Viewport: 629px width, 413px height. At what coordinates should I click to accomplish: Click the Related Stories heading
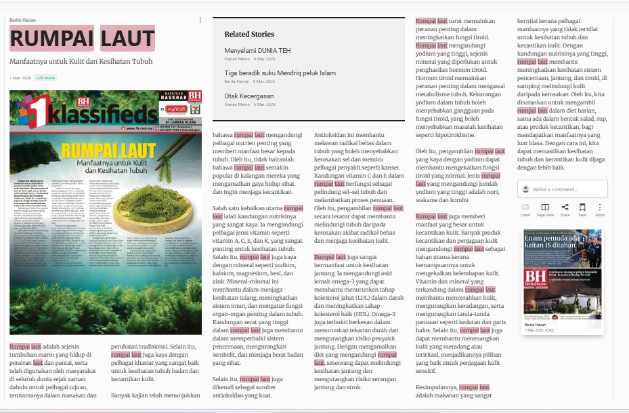[x=249, y=34]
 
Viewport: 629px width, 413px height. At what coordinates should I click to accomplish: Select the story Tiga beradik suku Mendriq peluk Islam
[x=280, y=73]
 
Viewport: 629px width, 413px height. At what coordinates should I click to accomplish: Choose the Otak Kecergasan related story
[x=249, y=96]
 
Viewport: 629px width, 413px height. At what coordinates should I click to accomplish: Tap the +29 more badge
[x=45, y=78]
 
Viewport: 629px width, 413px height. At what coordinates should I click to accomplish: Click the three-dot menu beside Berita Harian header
[x=200, y=20]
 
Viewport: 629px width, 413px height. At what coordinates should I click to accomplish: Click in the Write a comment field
[x=568, y=189]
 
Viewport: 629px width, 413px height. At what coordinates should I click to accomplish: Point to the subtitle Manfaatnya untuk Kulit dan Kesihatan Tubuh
[x=81, y=61]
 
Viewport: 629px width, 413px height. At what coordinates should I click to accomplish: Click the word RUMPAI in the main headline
[x=51, y=39]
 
